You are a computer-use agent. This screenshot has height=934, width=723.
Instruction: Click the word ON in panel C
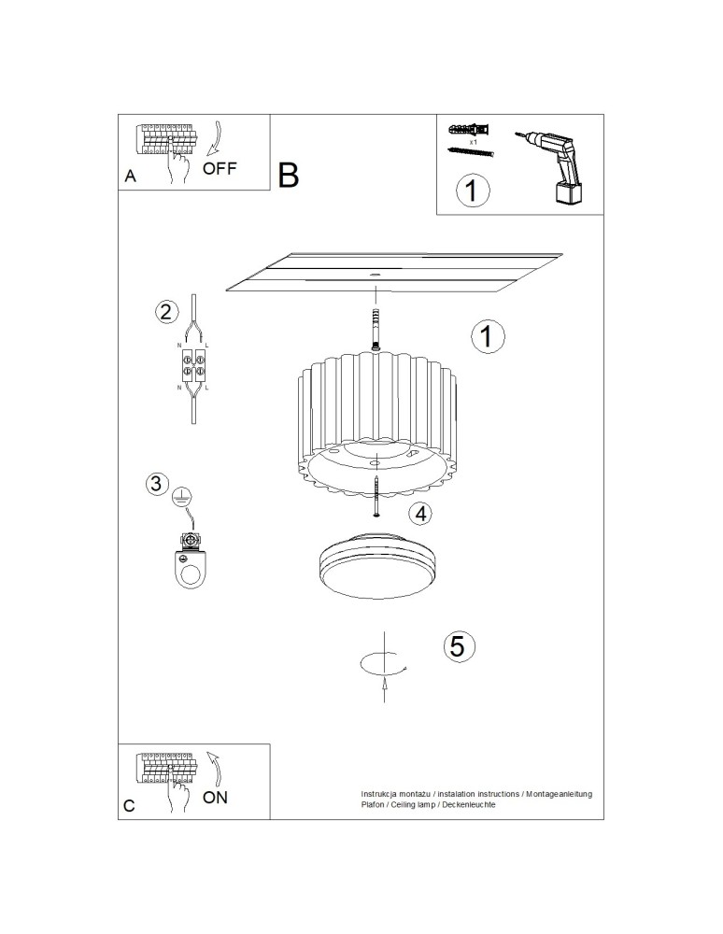215,797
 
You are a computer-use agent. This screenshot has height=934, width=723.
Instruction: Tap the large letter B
288,174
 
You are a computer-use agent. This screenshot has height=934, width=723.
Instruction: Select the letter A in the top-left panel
131,177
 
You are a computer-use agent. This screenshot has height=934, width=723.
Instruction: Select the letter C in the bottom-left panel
130,805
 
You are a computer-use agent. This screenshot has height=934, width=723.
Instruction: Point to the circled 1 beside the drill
473,191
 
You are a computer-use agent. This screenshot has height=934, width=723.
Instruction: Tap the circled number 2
165,312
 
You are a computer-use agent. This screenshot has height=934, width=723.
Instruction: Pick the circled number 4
421,513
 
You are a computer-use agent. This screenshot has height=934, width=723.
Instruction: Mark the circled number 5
458,645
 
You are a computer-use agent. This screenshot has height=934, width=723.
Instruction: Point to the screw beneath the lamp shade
376,494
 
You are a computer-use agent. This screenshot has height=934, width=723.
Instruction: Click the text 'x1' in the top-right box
474,142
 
